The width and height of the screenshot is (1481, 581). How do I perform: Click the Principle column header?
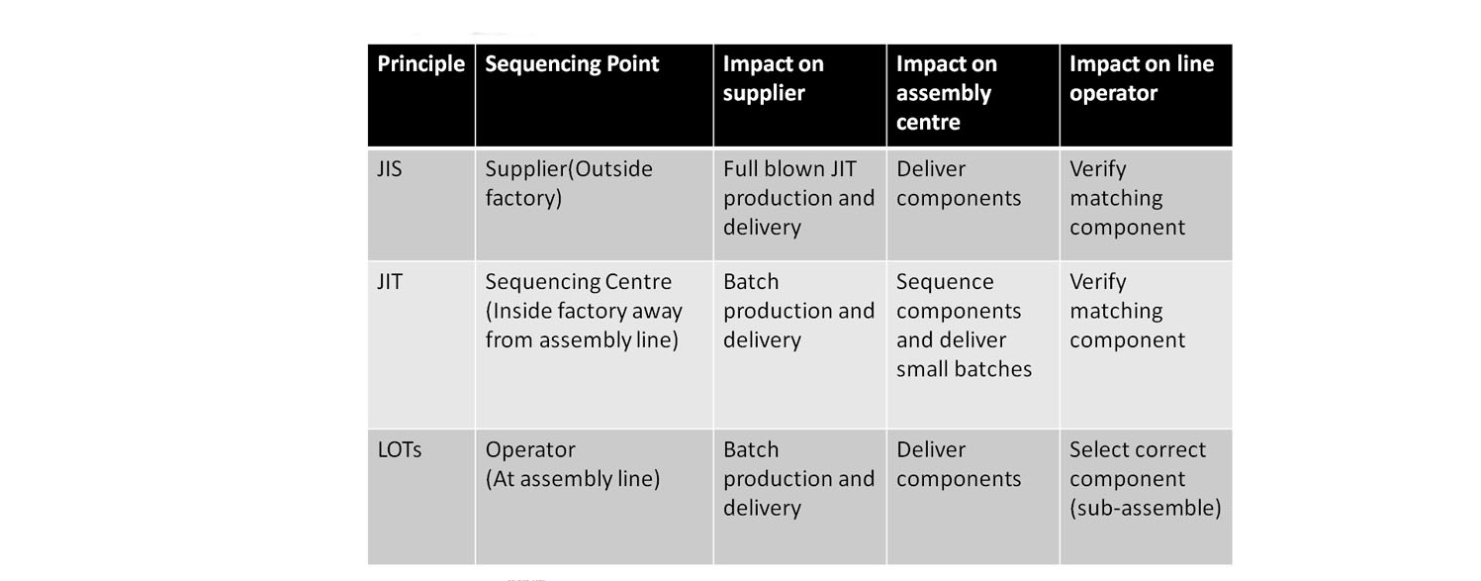coord(421,64)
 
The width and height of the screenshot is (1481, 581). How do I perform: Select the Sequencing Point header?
coord(572,64)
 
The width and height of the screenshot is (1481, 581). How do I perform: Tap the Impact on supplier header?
coord(773,78)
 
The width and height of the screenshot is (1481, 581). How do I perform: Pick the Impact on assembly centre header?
coord(946,93)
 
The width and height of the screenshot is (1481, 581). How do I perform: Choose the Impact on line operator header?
coord(1142,78)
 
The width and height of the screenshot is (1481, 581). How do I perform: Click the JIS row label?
coord(390,168)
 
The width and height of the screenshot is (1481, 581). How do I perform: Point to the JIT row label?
coord(390,282)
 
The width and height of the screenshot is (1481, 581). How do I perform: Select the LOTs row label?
coord(400,450)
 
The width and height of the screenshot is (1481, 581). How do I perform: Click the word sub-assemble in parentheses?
coord(1146,508)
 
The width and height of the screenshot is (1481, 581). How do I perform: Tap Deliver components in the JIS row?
coord(959,183)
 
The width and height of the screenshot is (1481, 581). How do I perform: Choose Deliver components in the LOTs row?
coord(959,464)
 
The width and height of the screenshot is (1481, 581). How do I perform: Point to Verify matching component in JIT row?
coord(1127,311)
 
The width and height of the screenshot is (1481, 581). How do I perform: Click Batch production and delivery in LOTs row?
coord(798,479)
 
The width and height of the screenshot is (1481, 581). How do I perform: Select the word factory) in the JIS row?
coord(523,199)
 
